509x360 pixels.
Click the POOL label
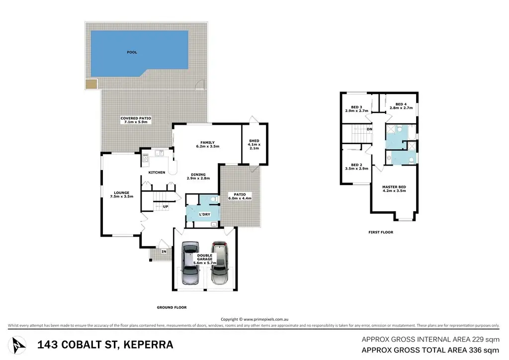click(x=132, y=52)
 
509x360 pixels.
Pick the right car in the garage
click(x=219, y=263)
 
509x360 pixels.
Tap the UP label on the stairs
click(x=166, y=207)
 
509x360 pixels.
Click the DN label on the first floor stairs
click(x=369, y=129)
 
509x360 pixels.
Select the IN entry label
click(x=164, y=252)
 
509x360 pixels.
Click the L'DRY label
click(x=204, y=215)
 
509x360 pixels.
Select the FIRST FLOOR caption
click(x=381, y=232)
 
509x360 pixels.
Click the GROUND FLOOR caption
click(x=171, y=307)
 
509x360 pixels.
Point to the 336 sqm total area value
click(x=484, y=350)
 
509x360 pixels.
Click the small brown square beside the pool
click(x=91, y=85)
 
